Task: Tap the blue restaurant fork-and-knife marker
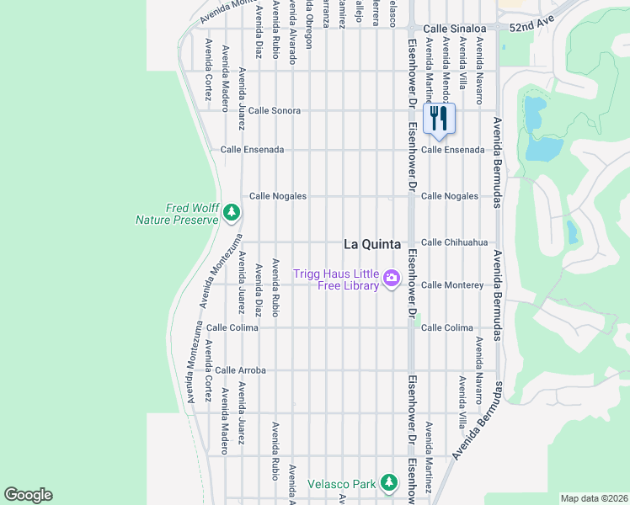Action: (x=438, y=120)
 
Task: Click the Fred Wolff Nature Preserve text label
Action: (x=178, y=215)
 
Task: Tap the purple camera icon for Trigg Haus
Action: (x=391, y=278)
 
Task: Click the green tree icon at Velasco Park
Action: (x=388, y=482)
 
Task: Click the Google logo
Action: (x=28, y=495)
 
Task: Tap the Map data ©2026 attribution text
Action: (x=593, y=498)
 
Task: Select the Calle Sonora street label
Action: (x=274, y=110)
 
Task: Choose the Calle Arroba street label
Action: (x=240, y=370)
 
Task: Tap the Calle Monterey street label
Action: (x=452, y=285)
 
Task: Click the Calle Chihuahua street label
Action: (x=454, y=242)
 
